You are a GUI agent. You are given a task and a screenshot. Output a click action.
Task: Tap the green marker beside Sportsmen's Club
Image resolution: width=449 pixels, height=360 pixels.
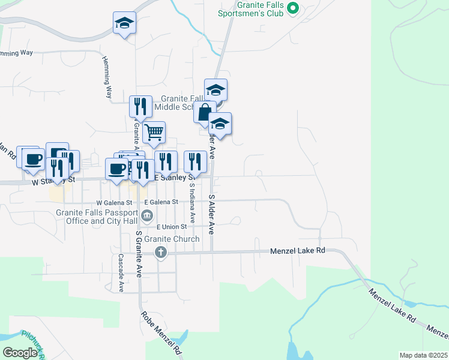tap(293, 8)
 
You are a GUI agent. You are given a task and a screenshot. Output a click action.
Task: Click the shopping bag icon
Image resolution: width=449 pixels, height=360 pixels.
tap(205, 112)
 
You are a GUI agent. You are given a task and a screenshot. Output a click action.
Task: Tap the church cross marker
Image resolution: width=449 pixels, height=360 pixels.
tap(160, 252)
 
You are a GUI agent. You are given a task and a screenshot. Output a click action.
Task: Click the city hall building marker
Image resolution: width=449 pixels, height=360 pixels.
tap(147, 215)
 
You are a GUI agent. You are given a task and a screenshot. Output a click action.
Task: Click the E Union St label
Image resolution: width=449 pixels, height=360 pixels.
tap(172, 227)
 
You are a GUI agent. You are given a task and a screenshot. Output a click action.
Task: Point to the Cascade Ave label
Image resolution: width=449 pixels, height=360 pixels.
tap(121, 272)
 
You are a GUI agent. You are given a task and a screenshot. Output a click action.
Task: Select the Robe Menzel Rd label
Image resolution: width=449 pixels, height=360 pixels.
tap(161, 331)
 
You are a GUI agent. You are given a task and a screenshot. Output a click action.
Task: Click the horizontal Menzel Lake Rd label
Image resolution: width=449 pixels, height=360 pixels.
tap(297, 250)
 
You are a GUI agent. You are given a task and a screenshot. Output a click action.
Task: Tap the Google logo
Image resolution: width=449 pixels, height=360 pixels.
tap(20, 352)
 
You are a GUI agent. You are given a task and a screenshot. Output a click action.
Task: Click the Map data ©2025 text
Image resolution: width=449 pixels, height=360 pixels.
tap(423, 355)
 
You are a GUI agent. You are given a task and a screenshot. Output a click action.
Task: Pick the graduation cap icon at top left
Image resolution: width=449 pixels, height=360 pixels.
tap(124, 23)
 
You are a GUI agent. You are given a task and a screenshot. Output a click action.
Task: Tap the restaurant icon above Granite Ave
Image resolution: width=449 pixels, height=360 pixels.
tap(140, 106)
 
